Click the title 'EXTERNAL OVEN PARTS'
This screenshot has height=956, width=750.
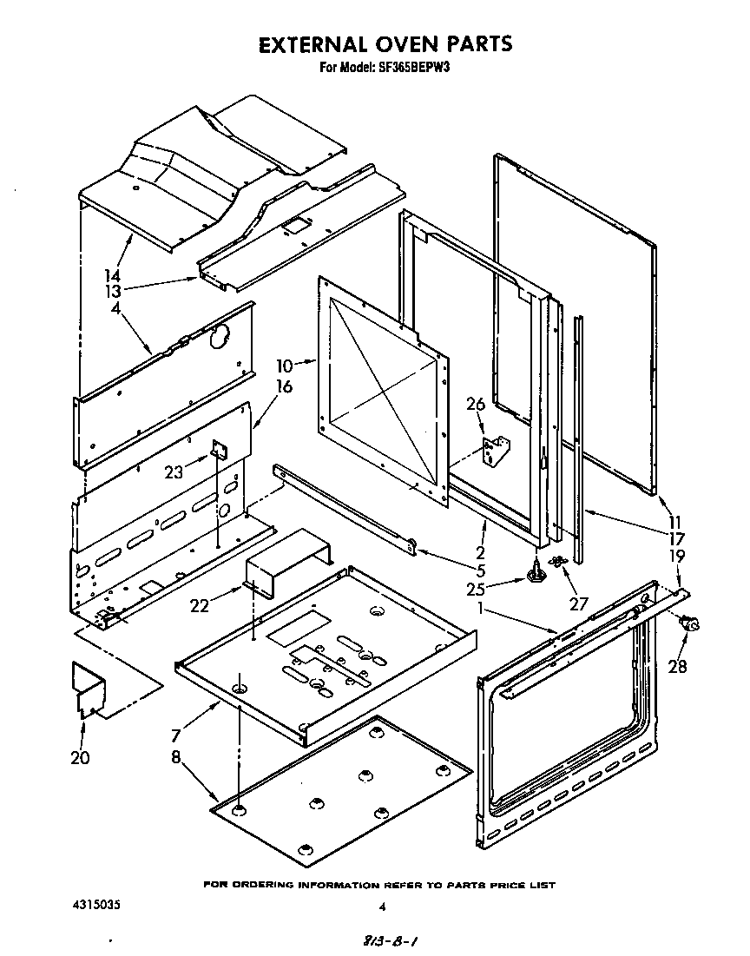click(x=385, y=44)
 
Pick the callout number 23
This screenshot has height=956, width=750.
click(x=175, y=472)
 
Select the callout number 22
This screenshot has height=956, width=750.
click(x=200, y=606)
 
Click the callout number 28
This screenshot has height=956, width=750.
click(x=677, y=666)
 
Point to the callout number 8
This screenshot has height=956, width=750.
click(x=176, y=757)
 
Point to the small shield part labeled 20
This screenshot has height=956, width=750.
click(x=89, y=690)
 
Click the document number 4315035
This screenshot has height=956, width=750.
click(x=95, y=905)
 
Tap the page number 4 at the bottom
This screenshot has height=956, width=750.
click(x=381, y=907)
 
